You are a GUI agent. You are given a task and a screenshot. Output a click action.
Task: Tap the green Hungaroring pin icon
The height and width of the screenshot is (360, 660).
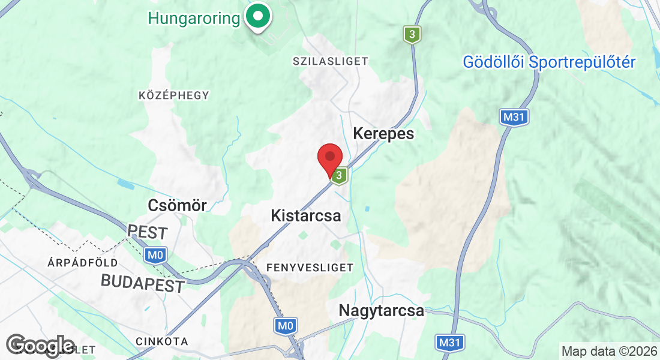click(259, 16)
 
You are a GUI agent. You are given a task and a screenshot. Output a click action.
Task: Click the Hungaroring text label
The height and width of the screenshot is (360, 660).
click(194, 18)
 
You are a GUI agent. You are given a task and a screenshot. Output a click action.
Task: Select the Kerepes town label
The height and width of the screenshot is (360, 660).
click(383, 133)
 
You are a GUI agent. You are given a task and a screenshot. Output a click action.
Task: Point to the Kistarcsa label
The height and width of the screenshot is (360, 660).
click(305, 215)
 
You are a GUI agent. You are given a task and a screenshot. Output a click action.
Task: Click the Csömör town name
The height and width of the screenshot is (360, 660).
click(177, 205)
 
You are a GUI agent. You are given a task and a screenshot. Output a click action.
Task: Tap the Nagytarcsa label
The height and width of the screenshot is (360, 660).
click(381, 311)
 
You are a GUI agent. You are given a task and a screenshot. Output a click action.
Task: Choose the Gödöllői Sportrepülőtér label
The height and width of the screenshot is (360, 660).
click(549, 62)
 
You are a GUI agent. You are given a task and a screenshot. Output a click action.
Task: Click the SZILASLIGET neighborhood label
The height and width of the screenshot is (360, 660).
click(330, 61)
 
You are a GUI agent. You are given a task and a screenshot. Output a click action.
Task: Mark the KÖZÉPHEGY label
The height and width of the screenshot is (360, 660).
click(174, 95)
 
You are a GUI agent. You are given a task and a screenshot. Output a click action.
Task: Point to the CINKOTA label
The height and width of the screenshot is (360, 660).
click(161, 341)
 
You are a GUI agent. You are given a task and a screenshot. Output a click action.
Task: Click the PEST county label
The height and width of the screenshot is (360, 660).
click(148, 232)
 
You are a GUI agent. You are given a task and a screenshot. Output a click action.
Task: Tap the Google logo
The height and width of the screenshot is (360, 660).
click(40, 346)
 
